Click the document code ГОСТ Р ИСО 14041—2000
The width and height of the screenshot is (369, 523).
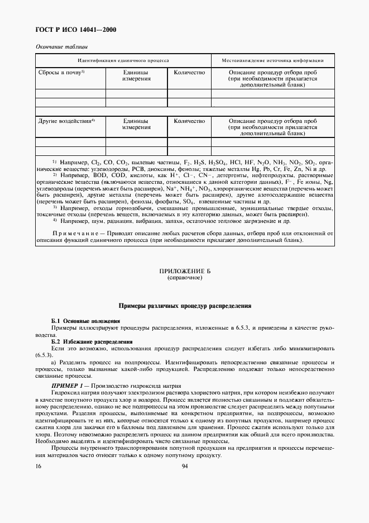pyautogui.click(x=76, y=30)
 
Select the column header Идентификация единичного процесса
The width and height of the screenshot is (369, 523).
pyautogui.click(x=123, y=60)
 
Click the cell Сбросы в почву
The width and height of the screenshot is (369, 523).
pyautogui.click(x=61, y=73)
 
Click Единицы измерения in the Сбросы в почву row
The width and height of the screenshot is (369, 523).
pyautogui.click(x=137, y=76)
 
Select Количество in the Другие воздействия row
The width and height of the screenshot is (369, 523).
pyautogui.click(x=189, y=121)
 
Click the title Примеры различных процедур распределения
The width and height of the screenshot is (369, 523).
pyautogui.click(x=184, y=306)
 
